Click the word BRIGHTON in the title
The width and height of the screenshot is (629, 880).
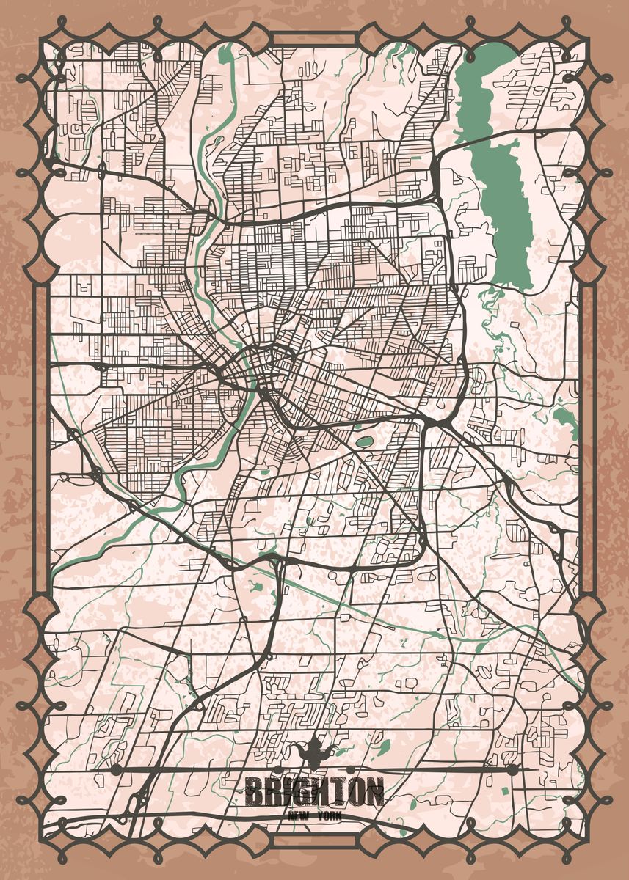[314, 792]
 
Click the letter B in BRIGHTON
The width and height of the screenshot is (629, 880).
[254, 792]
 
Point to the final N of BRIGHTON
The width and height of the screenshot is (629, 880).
[373, 792]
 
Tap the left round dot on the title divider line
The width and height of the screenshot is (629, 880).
[115, 769]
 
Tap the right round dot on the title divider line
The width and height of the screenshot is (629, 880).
[512, 769]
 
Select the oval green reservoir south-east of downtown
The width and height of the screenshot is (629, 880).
[363, 442]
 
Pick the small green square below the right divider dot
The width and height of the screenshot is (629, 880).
[506, 791]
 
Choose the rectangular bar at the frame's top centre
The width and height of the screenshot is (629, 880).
[314, 38]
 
